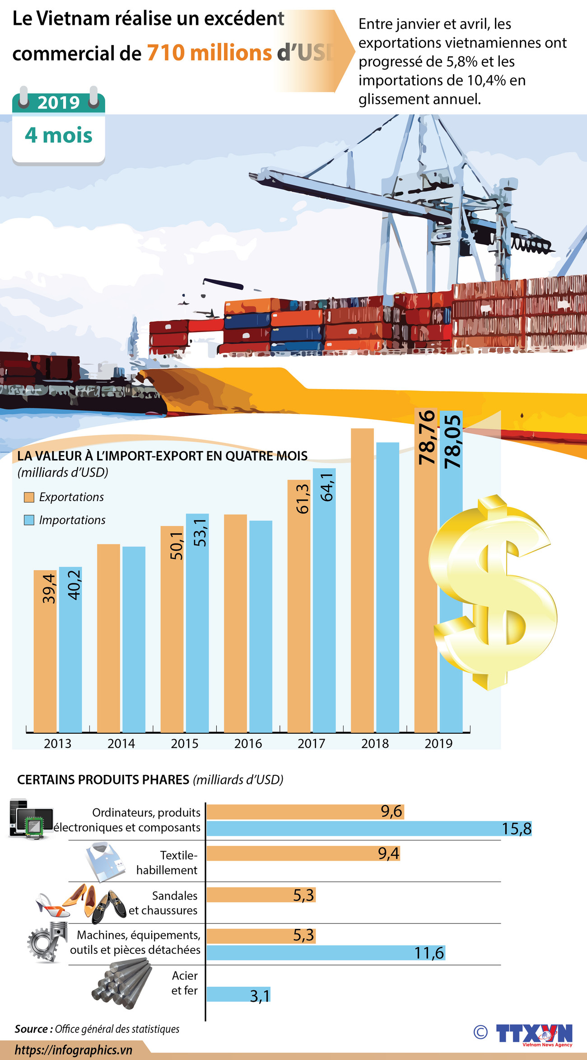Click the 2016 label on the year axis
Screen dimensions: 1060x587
pos(248,743)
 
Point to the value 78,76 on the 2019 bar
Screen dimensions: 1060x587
pos(427,437)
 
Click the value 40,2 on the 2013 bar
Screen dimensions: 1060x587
pos(74,585)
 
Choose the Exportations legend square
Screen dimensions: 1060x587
pos(29,497)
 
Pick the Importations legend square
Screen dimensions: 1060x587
pos(29,520)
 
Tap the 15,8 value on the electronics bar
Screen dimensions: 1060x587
pos(517,829)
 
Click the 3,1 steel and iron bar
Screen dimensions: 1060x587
pos(238,995)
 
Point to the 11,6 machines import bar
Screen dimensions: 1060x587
pos(325,953)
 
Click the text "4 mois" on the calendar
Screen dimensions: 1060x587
pos(59,135)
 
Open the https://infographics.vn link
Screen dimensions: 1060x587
pos(74,1050)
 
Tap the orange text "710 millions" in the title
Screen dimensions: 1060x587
pos(210,53)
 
